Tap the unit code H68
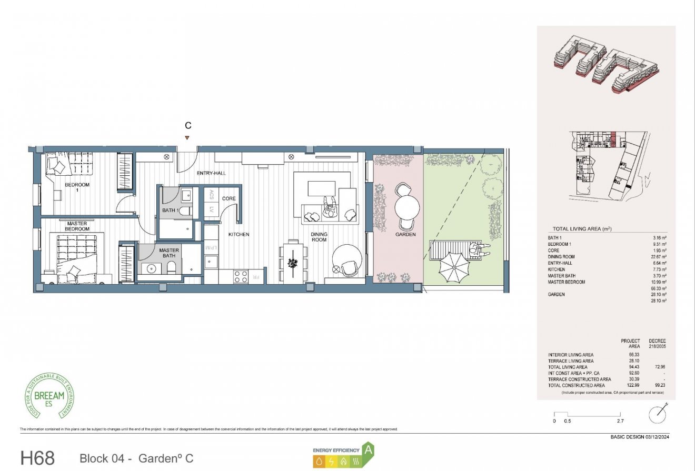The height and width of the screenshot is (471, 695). point(37,458)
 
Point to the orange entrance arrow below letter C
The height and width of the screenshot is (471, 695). point(187,138)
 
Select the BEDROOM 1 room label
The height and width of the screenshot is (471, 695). point(77,188)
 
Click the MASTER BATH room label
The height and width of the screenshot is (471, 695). point(169,253)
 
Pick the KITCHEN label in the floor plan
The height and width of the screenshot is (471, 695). point(239,234)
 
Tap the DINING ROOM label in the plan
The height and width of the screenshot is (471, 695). point(319,237)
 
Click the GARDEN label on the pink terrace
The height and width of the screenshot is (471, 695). point(406,234)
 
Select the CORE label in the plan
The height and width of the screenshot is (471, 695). point(229,198)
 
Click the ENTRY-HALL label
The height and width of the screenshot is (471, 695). point(211,173)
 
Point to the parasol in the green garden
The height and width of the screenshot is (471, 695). point(453,267)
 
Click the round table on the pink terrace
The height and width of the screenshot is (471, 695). point(406,207)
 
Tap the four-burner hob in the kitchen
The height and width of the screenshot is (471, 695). point(241,277)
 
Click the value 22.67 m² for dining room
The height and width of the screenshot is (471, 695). point(658,257)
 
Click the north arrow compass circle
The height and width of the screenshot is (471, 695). point(658,415)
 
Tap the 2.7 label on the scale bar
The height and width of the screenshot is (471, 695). point(620,421)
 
